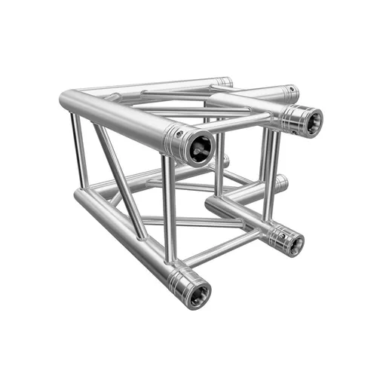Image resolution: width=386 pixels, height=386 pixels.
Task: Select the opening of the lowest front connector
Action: (198, 293)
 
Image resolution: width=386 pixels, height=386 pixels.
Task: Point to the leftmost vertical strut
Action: (78, 151)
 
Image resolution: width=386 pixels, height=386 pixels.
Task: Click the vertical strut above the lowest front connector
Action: (167, 211)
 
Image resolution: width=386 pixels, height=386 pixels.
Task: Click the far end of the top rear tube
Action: (224, 81)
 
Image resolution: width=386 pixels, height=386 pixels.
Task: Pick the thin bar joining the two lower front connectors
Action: (226, 247)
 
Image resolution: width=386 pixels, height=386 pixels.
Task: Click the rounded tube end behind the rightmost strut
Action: (280, 182)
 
